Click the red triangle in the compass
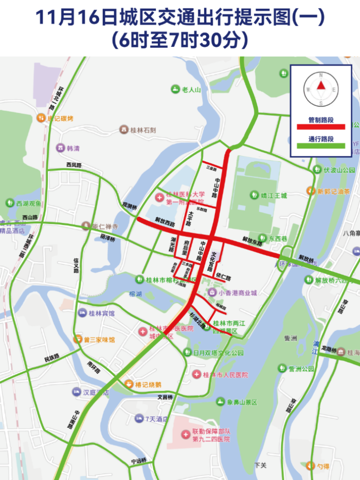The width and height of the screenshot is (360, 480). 321,86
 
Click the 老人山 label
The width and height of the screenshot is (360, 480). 191,89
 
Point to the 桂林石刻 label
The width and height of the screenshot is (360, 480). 142,130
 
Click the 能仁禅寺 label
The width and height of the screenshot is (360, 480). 105,226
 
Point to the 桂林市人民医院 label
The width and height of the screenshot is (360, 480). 225,375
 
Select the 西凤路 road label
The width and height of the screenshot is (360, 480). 74,165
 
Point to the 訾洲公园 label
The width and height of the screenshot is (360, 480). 301,368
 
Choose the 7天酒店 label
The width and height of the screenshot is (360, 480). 156,419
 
